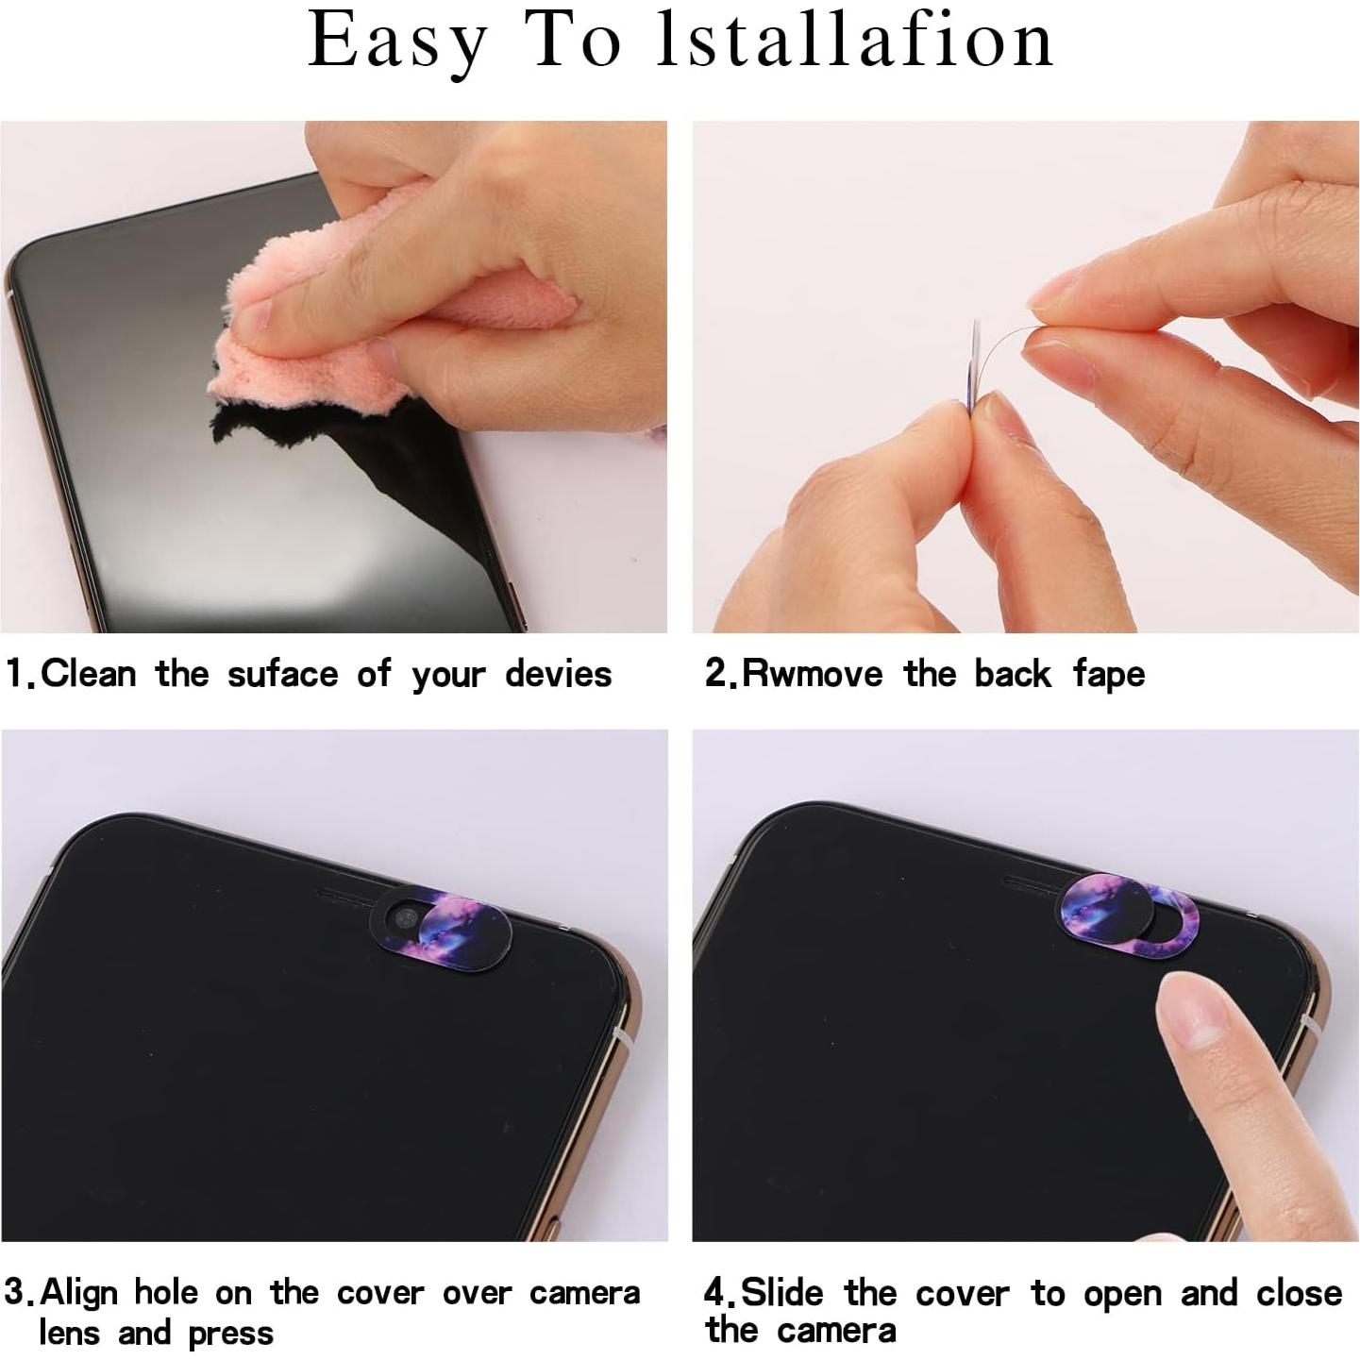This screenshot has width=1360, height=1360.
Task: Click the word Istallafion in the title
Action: tap(855, 41)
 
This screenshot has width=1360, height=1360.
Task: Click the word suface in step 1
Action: tap(282, 674)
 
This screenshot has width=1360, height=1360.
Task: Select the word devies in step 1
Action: tap(558, 674)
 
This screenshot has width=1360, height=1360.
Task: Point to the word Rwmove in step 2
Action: tap(812, 674)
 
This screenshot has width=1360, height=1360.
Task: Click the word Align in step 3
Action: tap(79, 1292)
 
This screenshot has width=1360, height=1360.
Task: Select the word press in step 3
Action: tap(230, 1335)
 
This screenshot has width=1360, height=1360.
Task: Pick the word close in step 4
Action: tap(1299, 1292)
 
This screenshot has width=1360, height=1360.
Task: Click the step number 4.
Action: tap(714, 1292)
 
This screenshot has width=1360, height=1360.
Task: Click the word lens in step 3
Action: tap(70, 1333)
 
